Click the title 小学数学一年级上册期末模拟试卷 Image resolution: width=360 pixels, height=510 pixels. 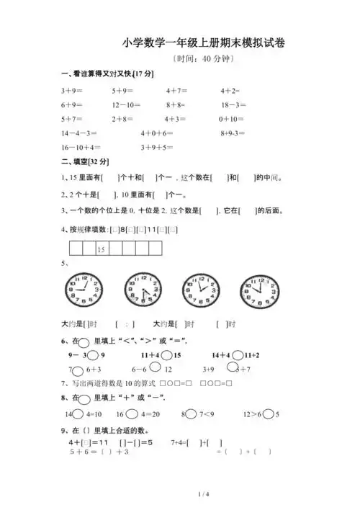coord(204,43)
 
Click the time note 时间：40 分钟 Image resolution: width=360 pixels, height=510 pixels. coord(204,60)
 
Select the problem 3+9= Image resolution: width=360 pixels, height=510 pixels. coord(72,91)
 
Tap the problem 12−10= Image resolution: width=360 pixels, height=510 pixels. coord(126,105)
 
